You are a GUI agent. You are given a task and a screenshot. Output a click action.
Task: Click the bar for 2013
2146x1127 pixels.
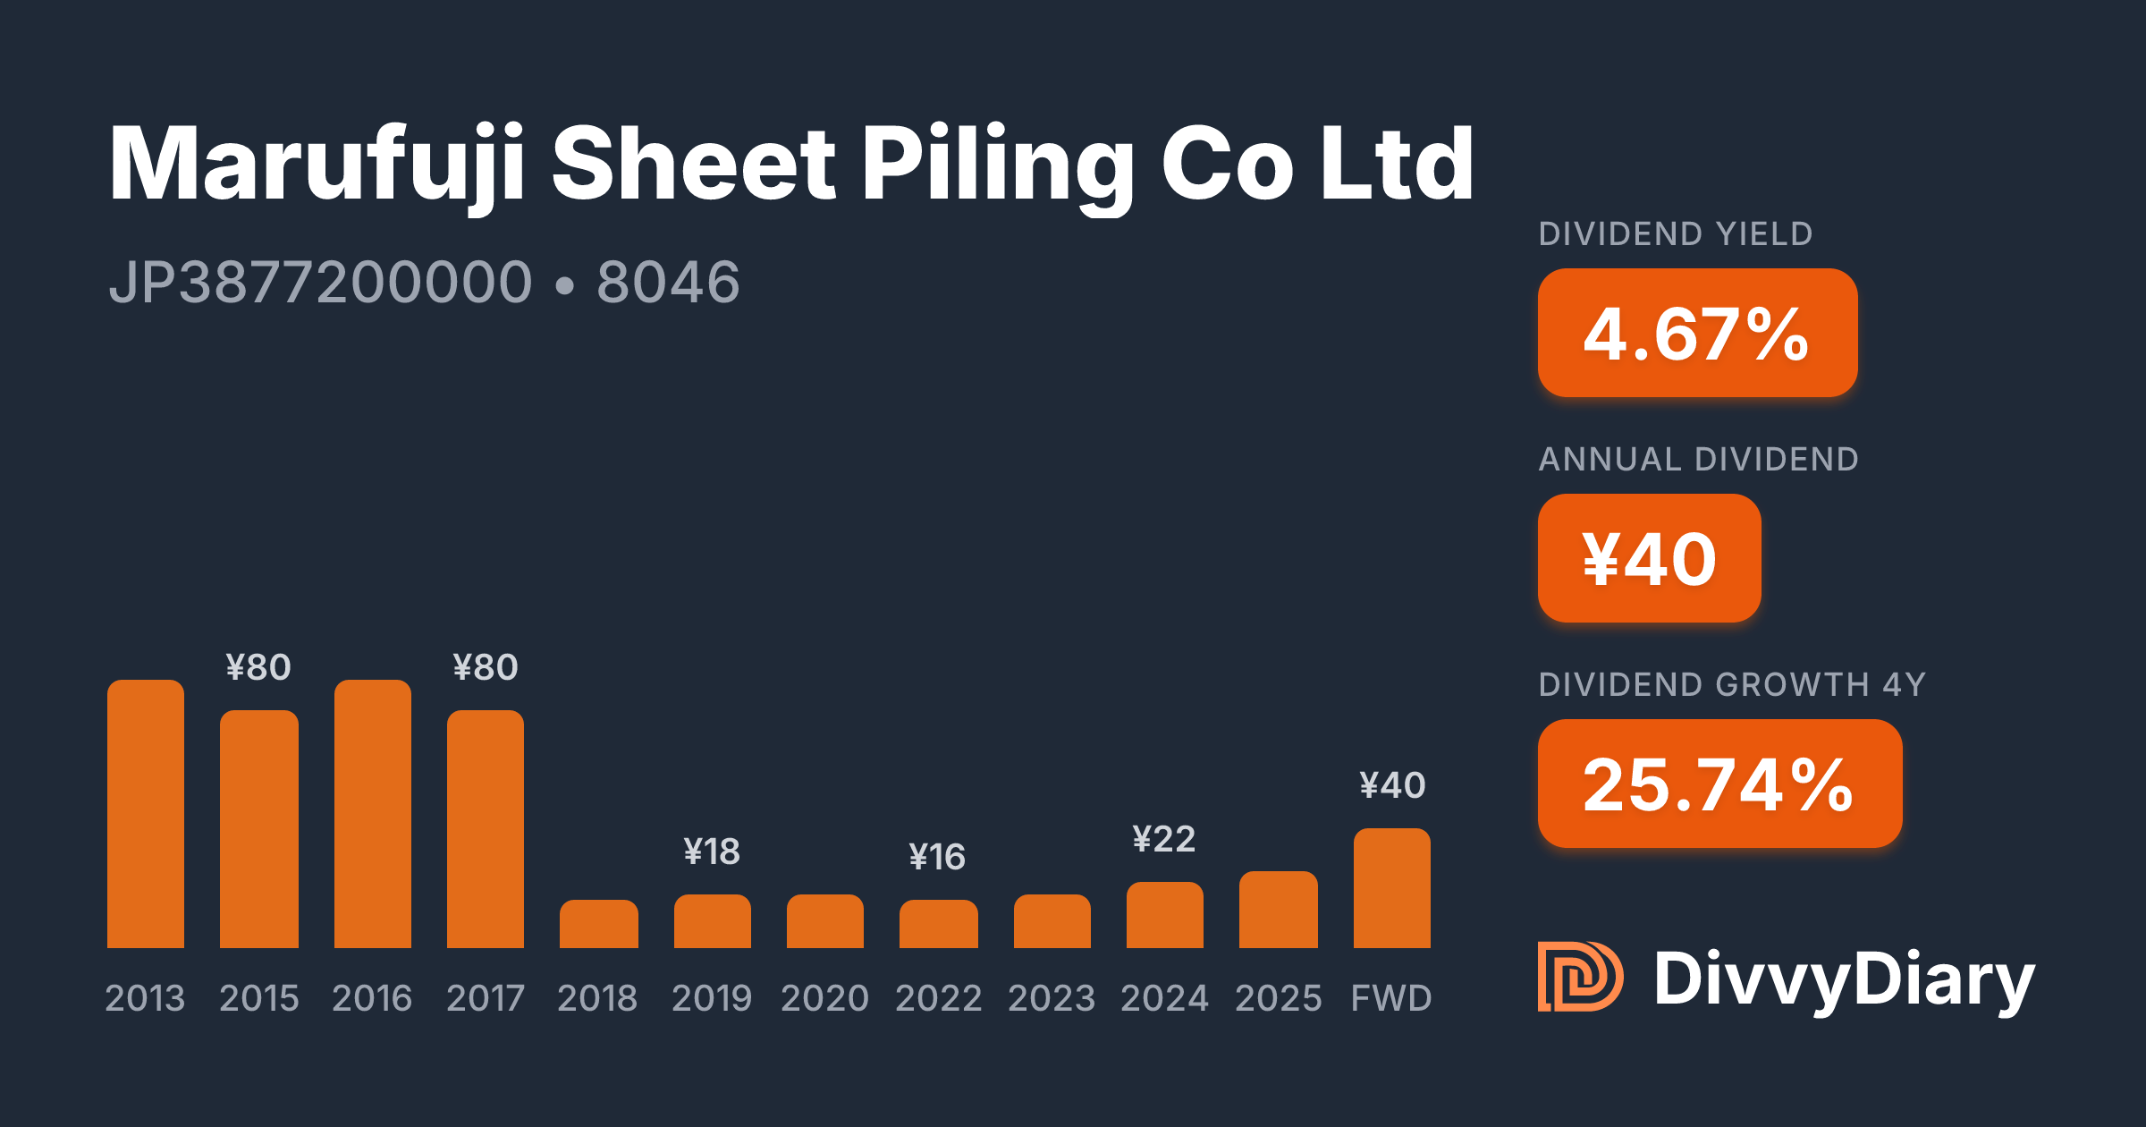(x=146, y=814)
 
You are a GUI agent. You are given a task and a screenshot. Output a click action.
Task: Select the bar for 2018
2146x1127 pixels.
(x=599, y=924)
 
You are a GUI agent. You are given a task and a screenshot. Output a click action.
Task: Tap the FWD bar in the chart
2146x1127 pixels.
(x=1392, y=888)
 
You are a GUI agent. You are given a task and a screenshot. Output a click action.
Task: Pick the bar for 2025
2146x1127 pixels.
(x=1279, y=910)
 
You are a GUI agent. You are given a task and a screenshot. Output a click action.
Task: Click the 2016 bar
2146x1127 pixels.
(x=373, y=814)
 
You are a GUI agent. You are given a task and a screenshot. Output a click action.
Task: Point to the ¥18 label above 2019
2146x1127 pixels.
(x=712, y=852)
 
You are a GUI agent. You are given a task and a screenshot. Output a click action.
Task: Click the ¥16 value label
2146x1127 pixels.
(x=937, y=857)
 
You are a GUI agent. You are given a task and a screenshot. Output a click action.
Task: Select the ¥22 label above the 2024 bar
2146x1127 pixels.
(x=1164, y=839)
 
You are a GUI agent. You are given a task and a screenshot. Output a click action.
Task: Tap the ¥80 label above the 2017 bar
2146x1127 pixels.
(x=486, y=667)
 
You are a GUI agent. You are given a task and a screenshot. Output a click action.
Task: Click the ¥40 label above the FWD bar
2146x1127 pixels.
(x=1392, y=785)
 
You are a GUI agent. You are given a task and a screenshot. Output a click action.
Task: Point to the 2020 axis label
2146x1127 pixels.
(x=825, y=998)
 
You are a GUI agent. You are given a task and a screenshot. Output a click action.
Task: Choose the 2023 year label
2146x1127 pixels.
(x=1052, y=998)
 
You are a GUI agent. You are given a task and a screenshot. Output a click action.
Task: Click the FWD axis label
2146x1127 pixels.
(x=1391, y=998)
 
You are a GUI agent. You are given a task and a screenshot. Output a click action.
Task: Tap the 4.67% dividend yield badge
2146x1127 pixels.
(x=1698, y=333)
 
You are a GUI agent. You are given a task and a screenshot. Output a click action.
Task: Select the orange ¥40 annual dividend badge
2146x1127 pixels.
(x=1650, y=558)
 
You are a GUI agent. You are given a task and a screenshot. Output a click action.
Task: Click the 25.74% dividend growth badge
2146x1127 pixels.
(x=1720, y=784)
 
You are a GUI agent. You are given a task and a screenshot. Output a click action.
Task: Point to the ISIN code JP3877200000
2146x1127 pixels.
(x=321, y=283)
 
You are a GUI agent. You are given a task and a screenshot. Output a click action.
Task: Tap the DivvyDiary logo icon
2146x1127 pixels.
(x=1580, y=977)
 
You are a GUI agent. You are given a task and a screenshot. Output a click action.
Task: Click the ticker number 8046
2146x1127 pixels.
(x=668, y=283)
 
